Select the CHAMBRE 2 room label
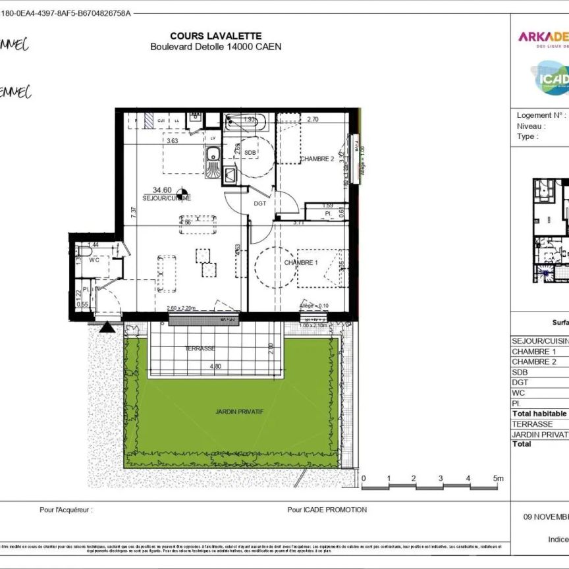tap(317, 159)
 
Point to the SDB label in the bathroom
tap(250, 153)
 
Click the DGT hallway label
tap(261, 203)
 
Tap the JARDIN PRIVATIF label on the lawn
tap(240, 412)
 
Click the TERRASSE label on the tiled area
tap(200, 348)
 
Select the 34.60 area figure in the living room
tap(163, 190)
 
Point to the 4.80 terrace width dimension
tap(216, 366)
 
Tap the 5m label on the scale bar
tap(498, 478)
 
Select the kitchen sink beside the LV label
tap(213, 157)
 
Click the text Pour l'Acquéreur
tap(66, 510)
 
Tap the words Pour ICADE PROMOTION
tap(327, 510)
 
